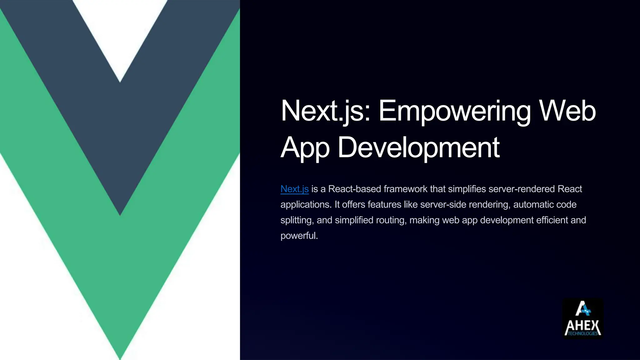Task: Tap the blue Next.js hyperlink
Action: point(294,189)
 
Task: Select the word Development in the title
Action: point(418,147)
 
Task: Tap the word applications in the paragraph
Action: point(306,205)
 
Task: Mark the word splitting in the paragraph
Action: point(297,220)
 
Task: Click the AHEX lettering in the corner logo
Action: point(583,326)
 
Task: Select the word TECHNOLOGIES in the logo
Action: point(583,333)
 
